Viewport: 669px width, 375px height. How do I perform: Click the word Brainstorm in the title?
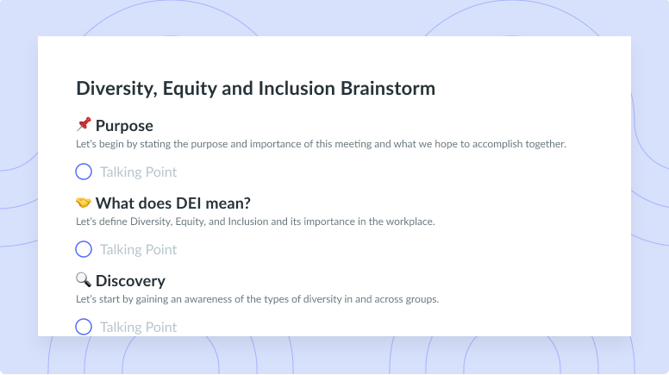(x=388, y=88)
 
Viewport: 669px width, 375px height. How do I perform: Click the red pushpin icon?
(x=84, y=124)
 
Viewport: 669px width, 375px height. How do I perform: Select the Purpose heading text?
(x=124, y=126)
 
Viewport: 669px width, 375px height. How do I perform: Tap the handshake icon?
(x=84, y=203)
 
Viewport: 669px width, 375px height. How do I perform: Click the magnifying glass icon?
(x=84, y=280)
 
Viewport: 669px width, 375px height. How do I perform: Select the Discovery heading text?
(x=130, y=281)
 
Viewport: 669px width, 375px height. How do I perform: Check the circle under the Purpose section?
(x=84, y=172)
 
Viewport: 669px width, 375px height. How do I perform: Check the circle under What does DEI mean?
(x=84, y=249)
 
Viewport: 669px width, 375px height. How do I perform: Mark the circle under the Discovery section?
(x=84, y=327)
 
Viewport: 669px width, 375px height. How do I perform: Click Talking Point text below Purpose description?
(x=138, y=172)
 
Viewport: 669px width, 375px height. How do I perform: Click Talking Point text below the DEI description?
(x=138, y=250)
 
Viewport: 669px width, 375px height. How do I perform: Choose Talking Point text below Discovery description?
(x=138, y=328)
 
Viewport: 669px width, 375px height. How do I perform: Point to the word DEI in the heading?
(x=189, y=203)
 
